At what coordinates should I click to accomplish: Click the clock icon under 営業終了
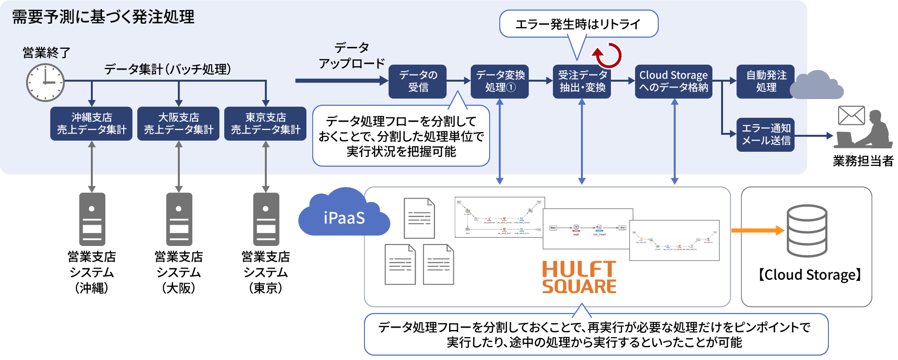[x=45, y=82]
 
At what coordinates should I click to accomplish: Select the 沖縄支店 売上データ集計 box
[x=91, y=124]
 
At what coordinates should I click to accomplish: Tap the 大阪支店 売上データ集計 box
[x=178, y=124]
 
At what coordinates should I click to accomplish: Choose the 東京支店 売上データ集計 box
[x=265, y=124]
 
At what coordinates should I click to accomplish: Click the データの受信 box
[x=418, y=82]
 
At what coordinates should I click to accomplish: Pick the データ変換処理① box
[x=500, y=82]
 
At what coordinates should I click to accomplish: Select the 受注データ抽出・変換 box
[x=582, y=82]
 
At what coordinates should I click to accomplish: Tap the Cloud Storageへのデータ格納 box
[x=673, y=82]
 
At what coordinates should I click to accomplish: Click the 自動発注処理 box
[x=765, y=82]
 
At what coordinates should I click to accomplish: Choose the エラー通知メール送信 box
[x=766, y=135]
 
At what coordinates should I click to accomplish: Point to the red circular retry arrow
[x=608, y=55]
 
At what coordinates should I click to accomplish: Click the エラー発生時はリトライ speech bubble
[x=579, y=24]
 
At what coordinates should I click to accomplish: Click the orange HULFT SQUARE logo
[x=579, y=277]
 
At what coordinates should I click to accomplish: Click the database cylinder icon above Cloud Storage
[x=807, y=231]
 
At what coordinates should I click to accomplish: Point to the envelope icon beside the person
[x=851, y=115]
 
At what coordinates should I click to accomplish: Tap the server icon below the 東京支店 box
[x=266, y=219]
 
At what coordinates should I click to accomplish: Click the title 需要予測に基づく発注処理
[x=103, y=17]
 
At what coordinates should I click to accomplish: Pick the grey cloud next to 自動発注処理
[x=817, y=86]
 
